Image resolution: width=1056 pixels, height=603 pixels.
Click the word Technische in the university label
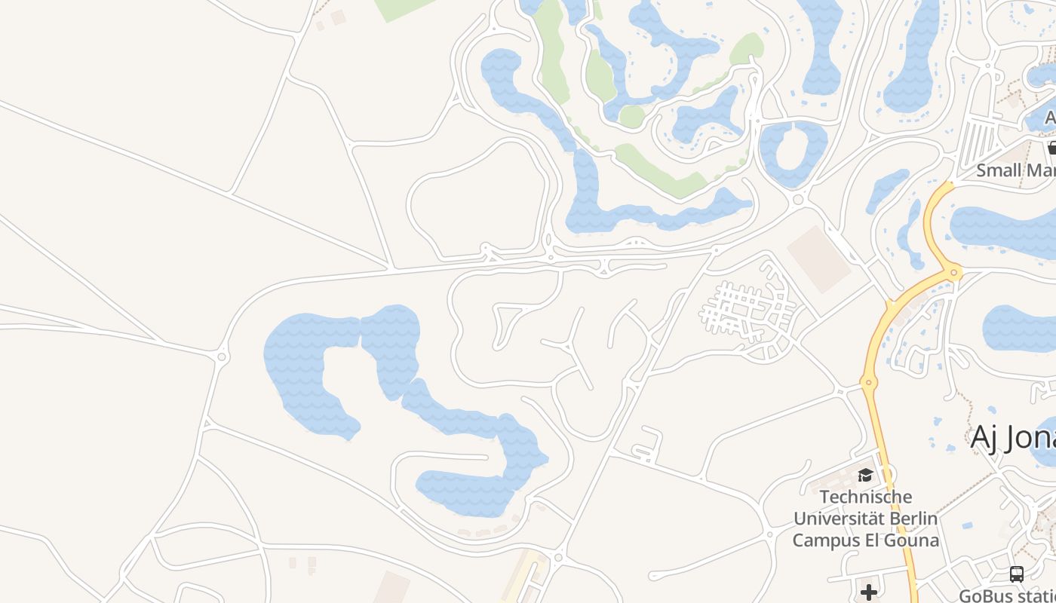[x=865, y=497]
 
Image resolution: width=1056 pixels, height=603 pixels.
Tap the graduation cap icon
[x=865, y=475]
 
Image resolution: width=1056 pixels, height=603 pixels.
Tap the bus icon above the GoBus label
[x=1017, y=574]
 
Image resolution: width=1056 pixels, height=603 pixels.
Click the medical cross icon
[x=869, y=592]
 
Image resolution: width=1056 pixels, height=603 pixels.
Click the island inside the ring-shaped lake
[x=793, y=147]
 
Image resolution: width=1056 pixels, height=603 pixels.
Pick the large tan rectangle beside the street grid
[x=819, y=259]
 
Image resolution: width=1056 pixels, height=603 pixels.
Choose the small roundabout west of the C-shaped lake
[x=222, y=356]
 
